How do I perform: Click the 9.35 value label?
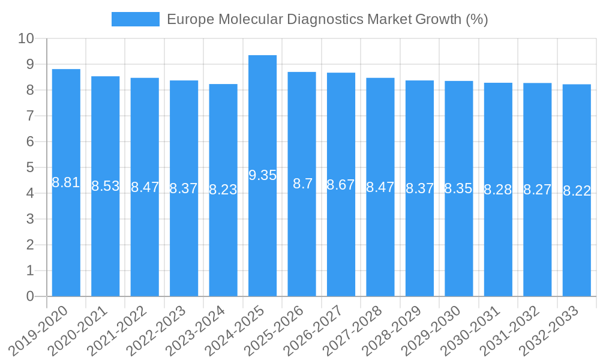[262, 175]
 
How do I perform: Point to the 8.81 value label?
[66, 182]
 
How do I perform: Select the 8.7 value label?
[302, 184]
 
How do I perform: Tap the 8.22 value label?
[577, 191]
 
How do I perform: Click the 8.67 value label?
[341, 185]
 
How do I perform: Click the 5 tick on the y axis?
[30, 167]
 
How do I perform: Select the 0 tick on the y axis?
[30, 296]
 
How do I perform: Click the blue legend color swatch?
[136, 19]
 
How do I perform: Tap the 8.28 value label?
[498, 190]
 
